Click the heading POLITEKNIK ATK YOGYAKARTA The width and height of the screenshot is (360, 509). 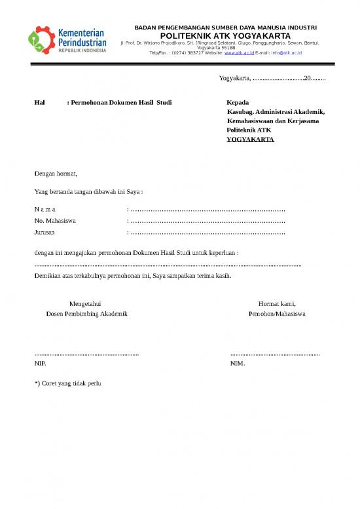coord(225,35)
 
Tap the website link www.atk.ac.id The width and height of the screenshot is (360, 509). coord(239,52)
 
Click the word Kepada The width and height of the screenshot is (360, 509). coord(238,104)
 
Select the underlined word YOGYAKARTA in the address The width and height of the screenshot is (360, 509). coord(250,140)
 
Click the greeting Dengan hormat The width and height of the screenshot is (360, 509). coord(56,174)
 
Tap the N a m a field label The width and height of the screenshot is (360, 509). coord(45,209)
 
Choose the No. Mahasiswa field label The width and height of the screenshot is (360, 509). coord(55,221)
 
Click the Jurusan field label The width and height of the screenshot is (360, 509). coord(45,233)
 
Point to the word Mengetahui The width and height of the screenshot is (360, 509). coord(85,303)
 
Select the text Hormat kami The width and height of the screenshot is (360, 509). coord(277,303)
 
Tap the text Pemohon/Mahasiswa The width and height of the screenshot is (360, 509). coord(277,314)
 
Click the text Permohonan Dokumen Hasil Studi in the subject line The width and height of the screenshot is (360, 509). coord(122,104)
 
